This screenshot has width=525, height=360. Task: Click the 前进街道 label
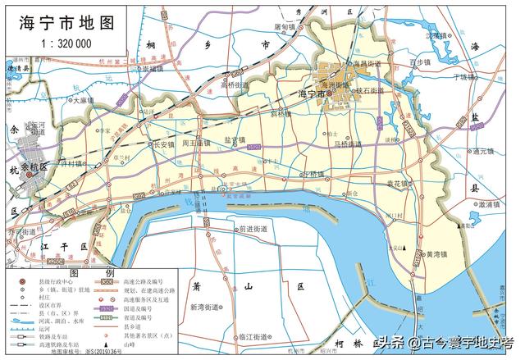249,230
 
